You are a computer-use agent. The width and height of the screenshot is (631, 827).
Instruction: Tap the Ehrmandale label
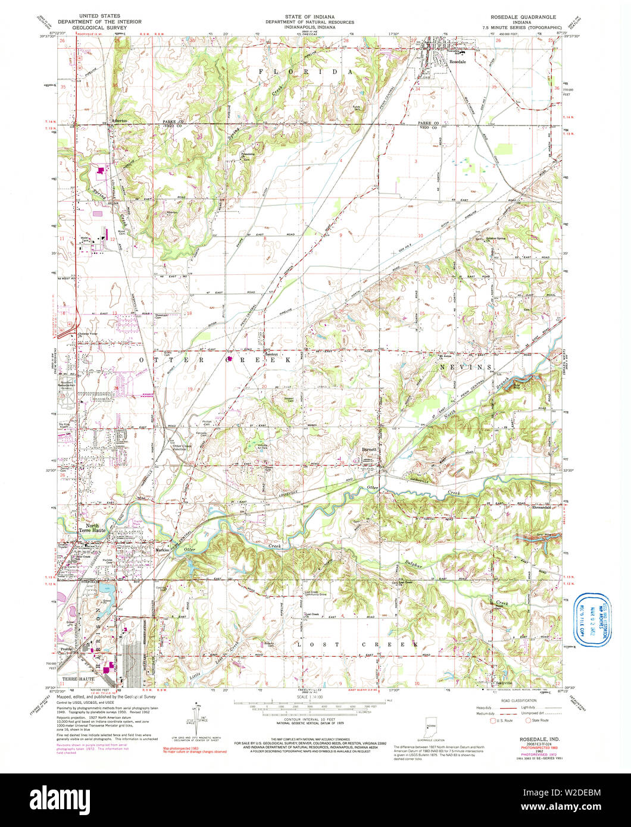(x=543, y=508)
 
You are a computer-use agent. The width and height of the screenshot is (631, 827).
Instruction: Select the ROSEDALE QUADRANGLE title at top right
(x=522, y=17)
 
